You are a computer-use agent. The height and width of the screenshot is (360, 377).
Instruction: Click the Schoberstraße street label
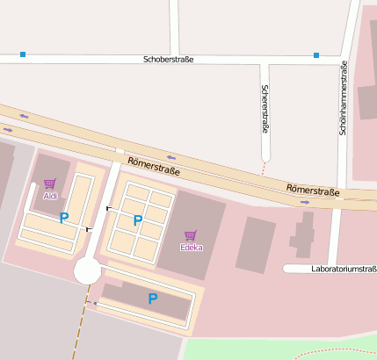[168, 59]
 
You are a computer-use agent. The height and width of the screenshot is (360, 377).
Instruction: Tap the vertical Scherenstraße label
[265, 109]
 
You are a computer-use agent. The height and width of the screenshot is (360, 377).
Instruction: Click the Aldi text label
[50, 196]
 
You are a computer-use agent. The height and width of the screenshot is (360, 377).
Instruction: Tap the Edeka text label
[191, 247]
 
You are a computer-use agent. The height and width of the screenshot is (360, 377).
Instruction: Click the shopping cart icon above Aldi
[50, 184]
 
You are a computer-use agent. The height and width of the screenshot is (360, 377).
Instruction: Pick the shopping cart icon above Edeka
[191, 234]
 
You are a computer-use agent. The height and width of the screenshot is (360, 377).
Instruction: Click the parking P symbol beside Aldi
[63, 218]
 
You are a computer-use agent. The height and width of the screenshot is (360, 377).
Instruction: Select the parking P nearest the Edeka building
[137, 220]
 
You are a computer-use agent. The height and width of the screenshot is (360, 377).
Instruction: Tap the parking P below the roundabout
[152, 299]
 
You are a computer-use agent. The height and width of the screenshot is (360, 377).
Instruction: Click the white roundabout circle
[87, 270]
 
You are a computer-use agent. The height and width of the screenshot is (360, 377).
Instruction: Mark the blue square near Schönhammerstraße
[316, 55]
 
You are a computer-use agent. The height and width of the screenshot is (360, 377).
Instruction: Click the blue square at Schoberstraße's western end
[23, 54]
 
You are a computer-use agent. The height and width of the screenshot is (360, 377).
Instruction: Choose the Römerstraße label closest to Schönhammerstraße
[313, 191]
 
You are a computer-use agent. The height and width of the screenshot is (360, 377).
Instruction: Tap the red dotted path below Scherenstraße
[264, 167]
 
